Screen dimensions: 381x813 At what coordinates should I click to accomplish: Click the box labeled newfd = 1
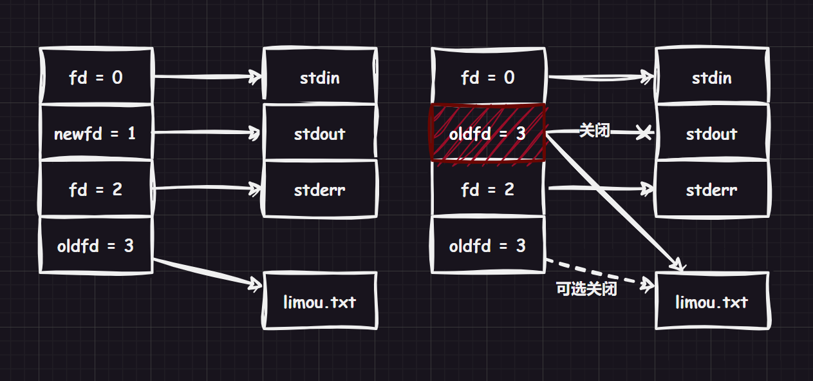[x=96, y=133]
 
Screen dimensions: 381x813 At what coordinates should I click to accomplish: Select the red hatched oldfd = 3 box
[x=487, y=133]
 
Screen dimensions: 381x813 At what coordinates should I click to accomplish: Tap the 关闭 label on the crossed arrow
[x=593, y=131]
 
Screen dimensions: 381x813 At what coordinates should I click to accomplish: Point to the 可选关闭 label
[x=586, y=289]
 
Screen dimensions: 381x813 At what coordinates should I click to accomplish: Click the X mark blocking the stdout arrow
[x=643, y=133]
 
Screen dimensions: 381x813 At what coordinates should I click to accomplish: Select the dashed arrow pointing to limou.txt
[x=599, y=274]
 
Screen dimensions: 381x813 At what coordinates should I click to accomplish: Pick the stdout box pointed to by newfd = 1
[x=320, y=133]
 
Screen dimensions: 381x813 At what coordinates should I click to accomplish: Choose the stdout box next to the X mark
[x=711, y=133]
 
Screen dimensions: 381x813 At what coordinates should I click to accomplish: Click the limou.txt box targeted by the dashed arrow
[x=711, y=301]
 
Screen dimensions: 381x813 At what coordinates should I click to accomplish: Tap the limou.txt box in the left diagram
[x=320, y=301]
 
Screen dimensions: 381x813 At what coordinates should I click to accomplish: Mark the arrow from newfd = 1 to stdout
[x=206, y=133]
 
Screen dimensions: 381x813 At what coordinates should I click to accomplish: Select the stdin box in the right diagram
[x=711, y=77]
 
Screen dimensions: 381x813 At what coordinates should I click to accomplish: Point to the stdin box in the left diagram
[x=320, y=77]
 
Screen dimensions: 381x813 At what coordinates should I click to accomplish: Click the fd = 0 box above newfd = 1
[x=96, y=77]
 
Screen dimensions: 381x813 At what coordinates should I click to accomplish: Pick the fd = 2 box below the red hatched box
[x=487, y=190]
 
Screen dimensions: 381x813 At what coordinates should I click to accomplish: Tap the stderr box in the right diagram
[x=711, y=190]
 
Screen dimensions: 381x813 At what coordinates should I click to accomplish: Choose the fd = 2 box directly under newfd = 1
[x=96, y=190]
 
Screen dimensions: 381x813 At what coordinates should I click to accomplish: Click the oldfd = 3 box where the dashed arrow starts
[x=487, y=246]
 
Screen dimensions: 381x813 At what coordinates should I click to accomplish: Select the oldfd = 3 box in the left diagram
[x=96, y=246]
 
